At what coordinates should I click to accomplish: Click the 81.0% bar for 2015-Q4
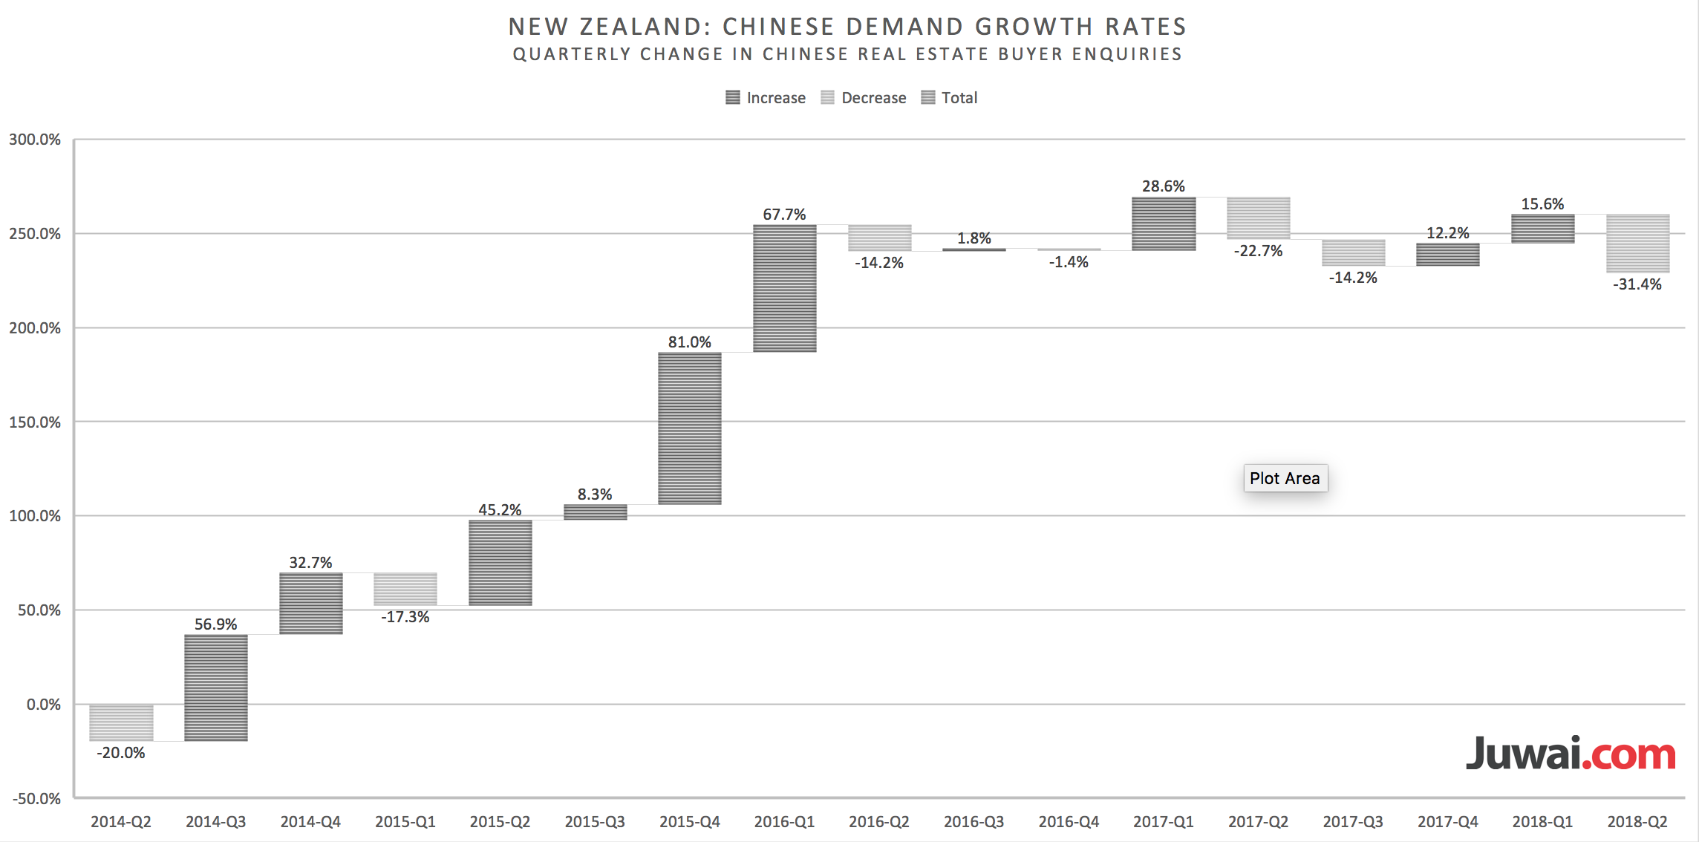click(x=689, y=428)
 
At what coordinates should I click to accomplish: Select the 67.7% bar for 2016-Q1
click(x=784, y=288)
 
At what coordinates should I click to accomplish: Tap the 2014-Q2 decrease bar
click(x=121, y=722)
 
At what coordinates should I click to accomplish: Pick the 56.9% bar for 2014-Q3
click(x=215, y=688)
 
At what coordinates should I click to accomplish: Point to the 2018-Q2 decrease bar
click(x=1637, y=244)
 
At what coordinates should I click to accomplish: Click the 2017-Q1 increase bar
click(x=1164, y=223)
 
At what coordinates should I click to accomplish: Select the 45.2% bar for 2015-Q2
click(x=500, y=563)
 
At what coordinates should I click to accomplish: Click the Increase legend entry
click(x=766, y=98)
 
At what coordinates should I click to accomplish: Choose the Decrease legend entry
click(x=864, y=98)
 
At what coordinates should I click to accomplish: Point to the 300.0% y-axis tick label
click(x=35, y=140)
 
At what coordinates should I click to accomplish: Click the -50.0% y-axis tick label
click(x=36, y=799)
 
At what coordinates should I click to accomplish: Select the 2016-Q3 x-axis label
click(x=974, y=822)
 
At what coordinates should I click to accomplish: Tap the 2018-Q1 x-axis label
click(x=1542, y=822)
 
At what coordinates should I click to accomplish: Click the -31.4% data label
click(x=1637, y=284)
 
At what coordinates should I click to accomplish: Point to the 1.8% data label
click(x=974, y=238)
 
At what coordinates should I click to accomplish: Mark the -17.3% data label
click(x=405, y=617)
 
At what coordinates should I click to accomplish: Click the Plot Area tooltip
click(x=1285, y=478)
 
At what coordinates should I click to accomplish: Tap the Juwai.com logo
click(x=1571, y=754)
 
